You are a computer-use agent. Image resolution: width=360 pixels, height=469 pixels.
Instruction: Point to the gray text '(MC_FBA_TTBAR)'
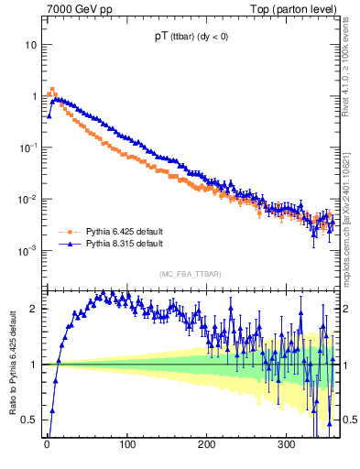[x=191, y=274]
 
